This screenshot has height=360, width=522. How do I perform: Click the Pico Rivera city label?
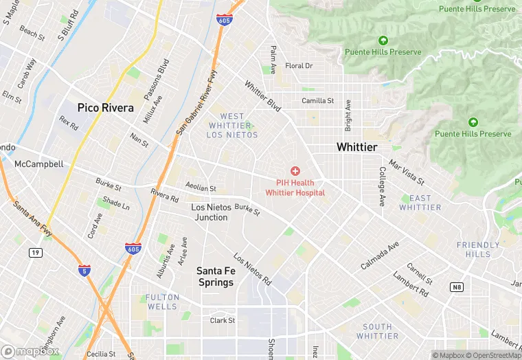[106, 108]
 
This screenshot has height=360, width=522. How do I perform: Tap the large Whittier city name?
[356, 148]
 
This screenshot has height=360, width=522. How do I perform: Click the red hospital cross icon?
[295, 170]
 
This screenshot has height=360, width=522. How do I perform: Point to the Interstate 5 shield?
[84, 271]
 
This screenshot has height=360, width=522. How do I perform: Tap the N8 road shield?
[457, 286]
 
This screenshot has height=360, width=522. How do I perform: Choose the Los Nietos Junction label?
[209, 212]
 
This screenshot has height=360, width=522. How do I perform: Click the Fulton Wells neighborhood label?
[162, 302]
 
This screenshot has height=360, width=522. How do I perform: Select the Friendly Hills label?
[478, 249]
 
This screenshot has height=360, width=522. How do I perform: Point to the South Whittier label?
[378, 331]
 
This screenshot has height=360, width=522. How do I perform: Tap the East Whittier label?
[420, 203]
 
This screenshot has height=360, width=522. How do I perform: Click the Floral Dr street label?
[299, 66]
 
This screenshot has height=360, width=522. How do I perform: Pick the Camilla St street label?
[318, 100]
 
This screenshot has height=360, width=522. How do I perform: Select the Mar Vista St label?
[407, 172]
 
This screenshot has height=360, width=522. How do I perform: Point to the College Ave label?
[383, 187]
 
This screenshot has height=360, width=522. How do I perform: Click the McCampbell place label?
[38, 164]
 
